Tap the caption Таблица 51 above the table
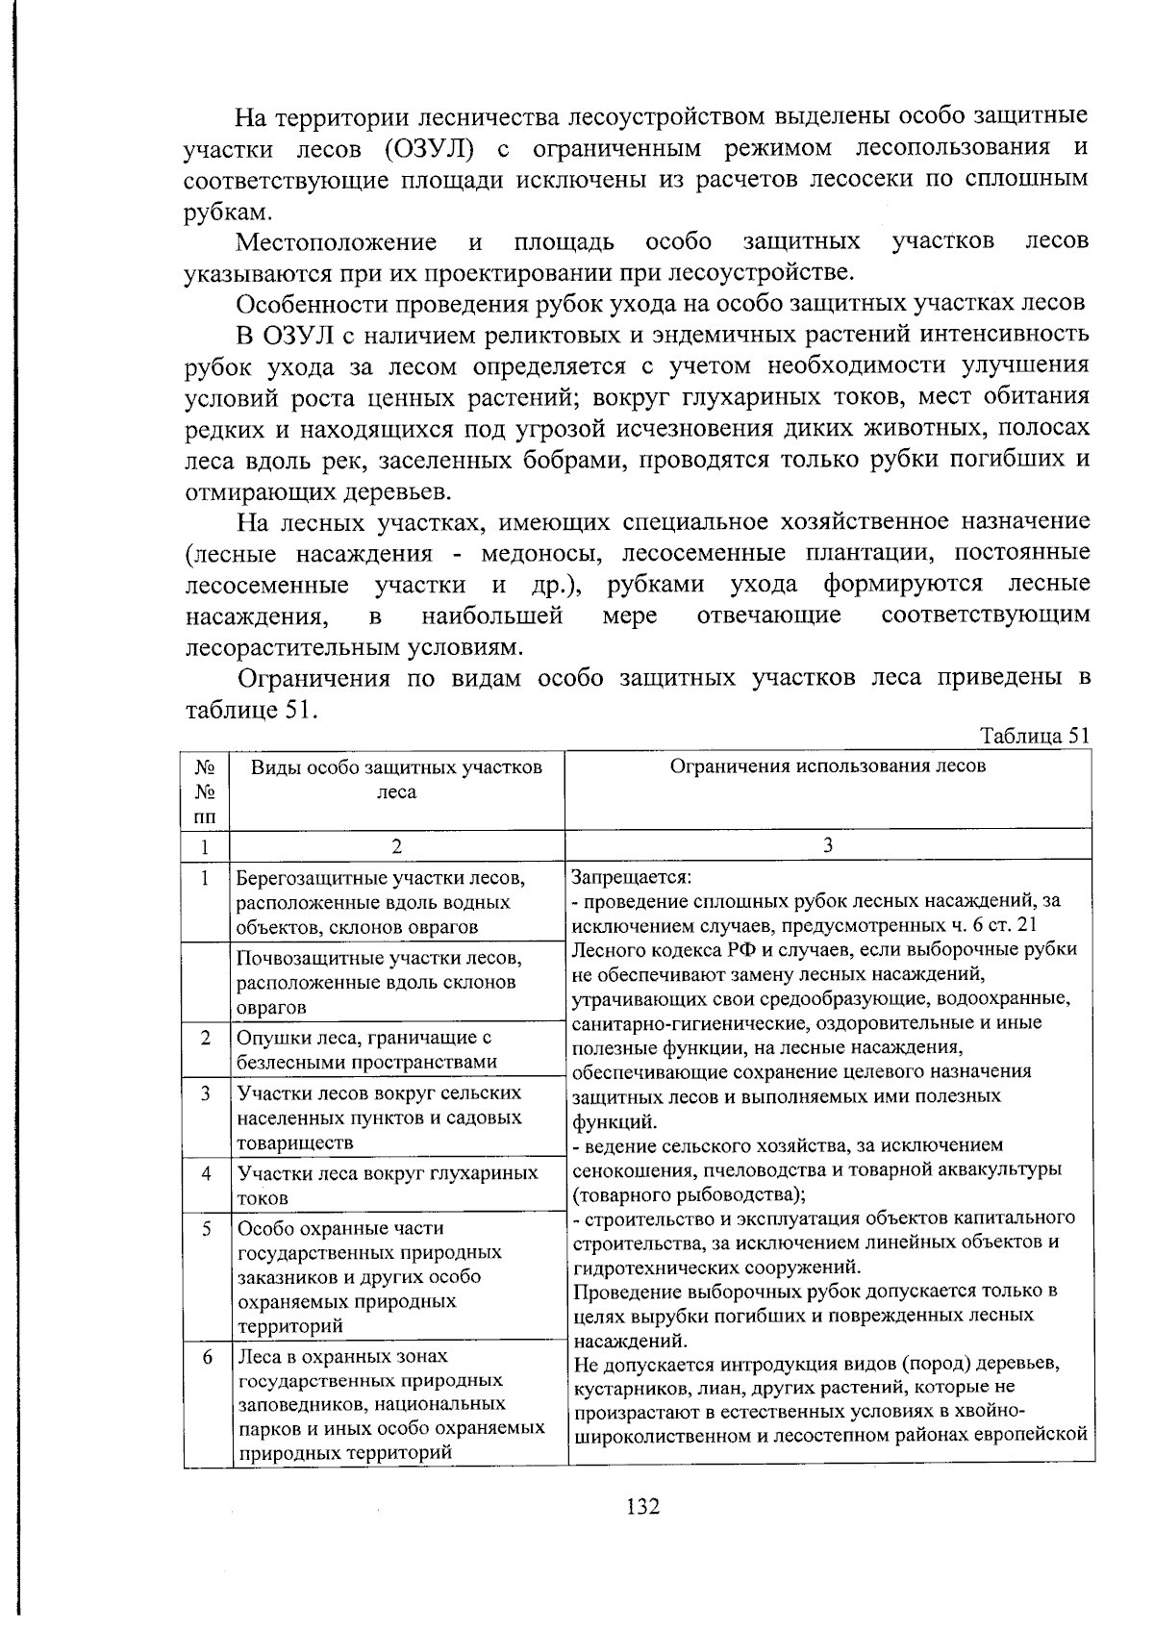pos(1034,736)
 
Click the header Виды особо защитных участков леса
pos(396,779)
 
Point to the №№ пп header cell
pos(204,791)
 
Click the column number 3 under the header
pos(828,845)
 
